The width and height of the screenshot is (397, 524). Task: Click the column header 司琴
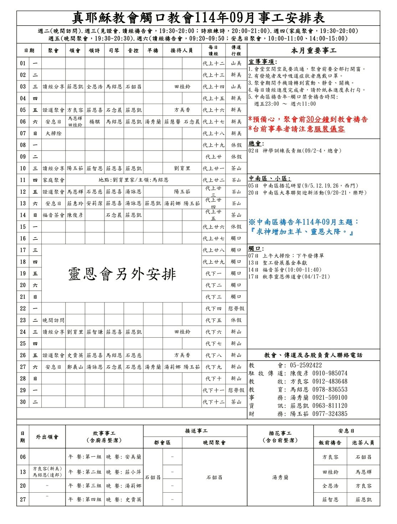(x=114, y=51)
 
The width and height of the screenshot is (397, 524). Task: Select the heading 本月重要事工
(x=314, y=51)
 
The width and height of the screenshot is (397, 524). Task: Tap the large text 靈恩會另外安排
(x=122, y=274)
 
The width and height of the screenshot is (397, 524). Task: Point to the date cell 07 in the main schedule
(x=23, y=133)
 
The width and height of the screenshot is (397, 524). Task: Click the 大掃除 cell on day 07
(x=53, y=133)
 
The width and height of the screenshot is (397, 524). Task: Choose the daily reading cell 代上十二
(x=213, y=63)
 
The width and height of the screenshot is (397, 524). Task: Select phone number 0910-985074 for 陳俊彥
(x=330, y=373)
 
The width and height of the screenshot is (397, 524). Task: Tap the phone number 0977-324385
(x=330, y=414)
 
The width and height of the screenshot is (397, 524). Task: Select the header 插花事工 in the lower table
(x=280, y=433)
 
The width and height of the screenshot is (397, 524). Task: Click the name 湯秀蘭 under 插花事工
(x=280, y=477)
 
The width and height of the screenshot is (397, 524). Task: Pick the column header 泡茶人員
(x=363, y=442)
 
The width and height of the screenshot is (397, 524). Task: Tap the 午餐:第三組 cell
(x=85, y=486)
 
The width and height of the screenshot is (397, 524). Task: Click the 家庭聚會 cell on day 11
(x=53, y=180)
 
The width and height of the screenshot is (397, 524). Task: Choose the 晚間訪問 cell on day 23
(x=53, y=320)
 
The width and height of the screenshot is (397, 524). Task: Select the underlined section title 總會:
(x=256, y=144)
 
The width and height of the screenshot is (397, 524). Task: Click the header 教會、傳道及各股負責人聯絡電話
(x=313, y=355)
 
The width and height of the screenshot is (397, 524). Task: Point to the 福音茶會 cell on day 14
(x=53, y=215)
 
